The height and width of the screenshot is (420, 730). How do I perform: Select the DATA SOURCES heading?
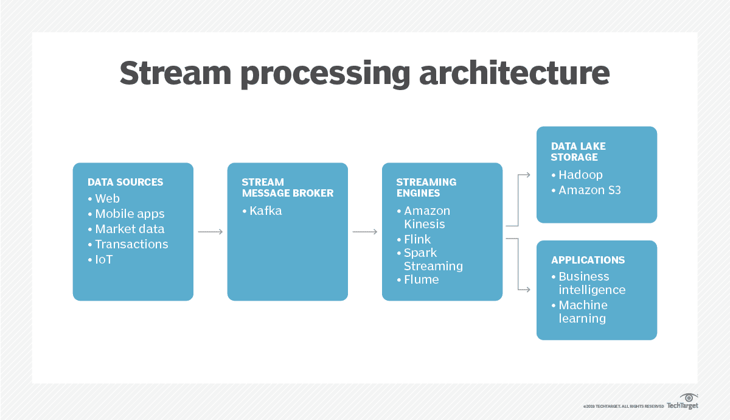[x=125, y=182]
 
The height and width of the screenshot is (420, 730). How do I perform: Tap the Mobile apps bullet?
[x=130, y=214]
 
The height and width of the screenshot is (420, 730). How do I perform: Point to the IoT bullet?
[x=103, y=259]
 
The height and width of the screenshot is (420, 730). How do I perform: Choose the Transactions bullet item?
[x=131, y=244]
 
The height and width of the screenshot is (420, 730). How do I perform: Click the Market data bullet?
[x=130, y=229]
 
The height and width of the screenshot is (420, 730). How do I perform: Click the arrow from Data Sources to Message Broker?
[x=210, y=232]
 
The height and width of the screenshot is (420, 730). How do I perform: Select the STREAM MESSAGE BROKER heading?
[x=287, y=187]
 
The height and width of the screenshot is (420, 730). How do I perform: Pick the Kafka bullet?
[x=265, y=211]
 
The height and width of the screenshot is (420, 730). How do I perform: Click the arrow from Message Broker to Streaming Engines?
[x=365, y=232]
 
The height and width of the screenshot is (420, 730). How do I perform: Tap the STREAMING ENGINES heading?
[x=426, y=187]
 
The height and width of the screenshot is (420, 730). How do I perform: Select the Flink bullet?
[x=417, y=239]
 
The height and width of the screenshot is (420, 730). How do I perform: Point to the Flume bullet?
[x=421, y=280]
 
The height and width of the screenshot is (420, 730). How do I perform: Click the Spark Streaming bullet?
[x=433, y=259]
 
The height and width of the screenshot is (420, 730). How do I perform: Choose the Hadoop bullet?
[x=580, y=175]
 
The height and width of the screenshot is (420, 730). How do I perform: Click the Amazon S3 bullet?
[x=589, y=190]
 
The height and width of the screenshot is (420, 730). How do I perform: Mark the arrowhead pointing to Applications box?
[x=527, y=290]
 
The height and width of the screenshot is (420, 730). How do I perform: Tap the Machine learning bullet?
[x=582, y=312]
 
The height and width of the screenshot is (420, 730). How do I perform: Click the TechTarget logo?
[x=683, y=402]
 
